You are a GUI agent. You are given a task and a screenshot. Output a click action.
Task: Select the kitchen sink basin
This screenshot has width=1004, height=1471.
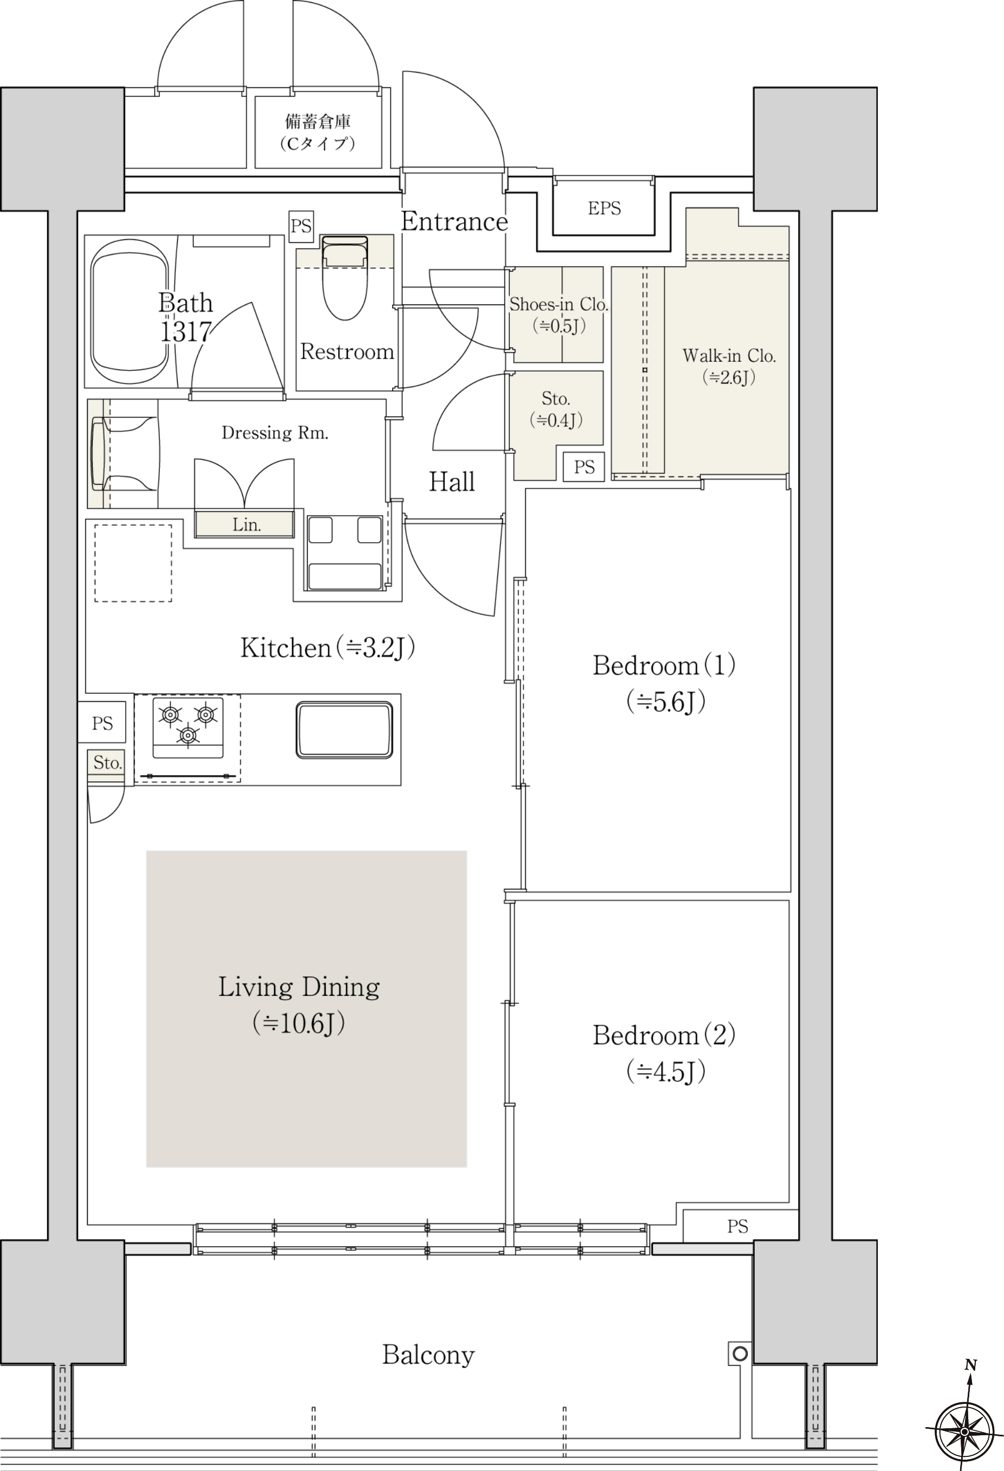[x=345, y=729]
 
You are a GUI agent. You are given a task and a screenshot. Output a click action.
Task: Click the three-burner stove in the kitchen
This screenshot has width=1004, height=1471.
[x=188, y=727]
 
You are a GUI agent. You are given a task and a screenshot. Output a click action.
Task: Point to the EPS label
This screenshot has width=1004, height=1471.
[x=604, y=208]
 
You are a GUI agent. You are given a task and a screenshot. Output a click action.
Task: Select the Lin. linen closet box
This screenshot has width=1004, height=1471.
[x=244, y=524]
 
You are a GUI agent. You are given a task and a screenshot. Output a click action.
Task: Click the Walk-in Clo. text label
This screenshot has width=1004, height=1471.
[x=729, y=356]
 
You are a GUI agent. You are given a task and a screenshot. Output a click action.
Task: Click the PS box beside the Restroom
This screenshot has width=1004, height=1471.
[x=301, y=226]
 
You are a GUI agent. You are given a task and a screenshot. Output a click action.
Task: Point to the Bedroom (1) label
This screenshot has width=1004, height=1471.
[x=664, y=665]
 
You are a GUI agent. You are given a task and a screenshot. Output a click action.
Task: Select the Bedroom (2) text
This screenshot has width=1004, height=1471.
[x=664, y=1036]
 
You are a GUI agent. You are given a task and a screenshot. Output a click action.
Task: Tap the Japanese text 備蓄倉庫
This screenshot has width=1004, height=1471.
[x=318, y=121]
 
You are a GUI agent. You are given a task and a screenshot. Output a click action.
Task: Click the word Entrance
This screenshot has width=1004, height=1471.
[x=455, y=222]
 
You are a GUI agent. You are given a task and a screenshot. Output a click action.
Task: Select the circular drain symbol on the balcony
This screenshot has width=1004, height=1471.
[x=740, y=1354]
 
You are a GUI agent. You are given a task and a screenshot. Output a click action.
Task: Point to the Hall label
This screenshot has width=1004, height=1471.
[x=451, y=481]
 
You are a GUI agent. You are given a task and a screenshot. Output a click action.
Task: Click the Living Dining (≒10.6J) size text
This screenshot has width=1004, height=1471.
[x=299, y=1023]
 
